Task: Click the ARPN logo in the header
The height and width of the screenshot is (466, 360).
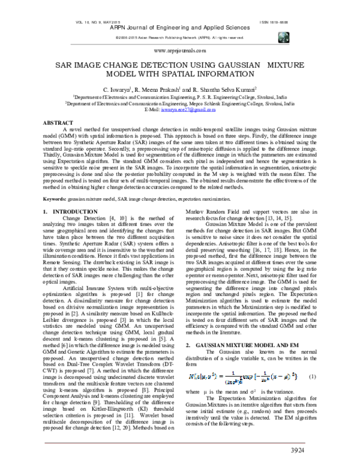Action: click(x=283, y=37)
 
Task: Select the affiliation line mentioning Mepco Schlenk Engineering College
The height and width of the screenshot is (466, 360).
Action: click(x=180, y=103)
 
